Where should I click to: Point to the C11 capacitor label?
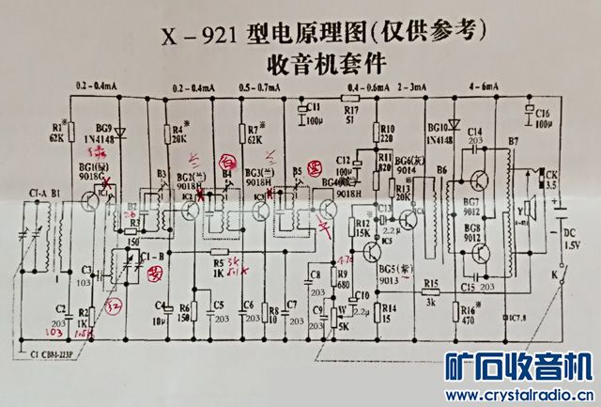coord(313,106)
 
